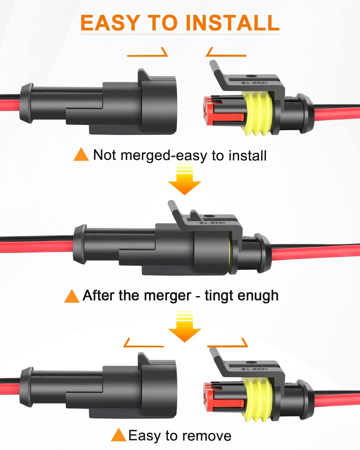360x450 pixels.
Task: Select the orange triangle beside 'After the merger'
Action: click(72, 296)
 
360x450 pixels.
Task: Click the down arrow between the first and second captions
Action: click(184, 180)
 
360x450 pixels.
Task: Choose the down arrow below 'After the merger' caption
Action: click(184, 327)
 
